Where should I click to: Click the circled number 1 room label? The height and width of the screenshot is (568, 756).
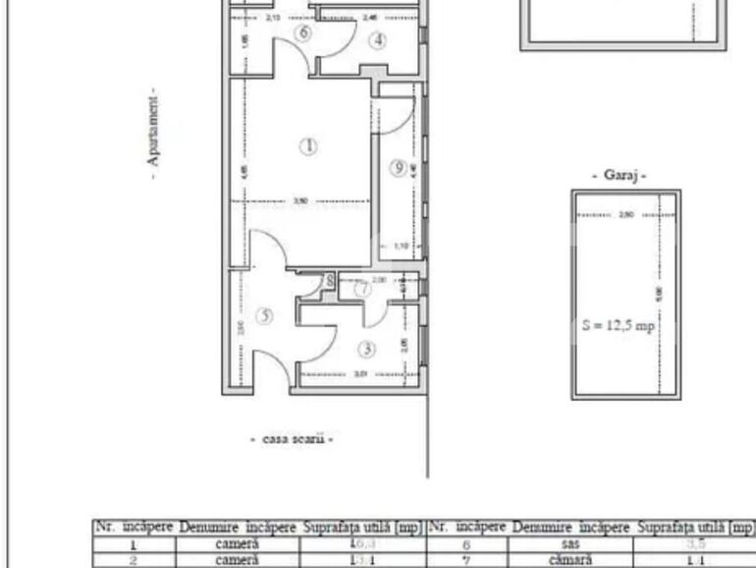[309, 146]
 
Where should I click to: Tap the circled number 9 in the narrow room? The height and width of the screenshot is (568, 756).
[398, 168]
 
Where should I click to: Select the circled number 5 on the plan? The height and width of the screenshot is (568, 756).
[264, 315]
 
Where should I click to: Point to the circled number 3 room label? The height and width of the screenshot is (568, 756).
[365, 349]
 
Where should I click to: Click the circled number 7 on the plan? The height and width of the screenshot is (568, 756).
[362, 289]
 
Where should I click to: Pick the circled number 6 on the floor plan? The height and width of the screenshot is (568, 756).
[302, 32]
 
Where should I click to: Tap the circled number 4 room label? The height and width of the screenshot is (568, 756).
[379, 40]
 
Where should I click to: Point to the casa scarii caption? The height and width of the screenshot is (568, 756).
[293, 439]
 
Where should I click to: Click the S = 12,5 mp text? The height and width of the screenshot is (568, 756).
[618, 325]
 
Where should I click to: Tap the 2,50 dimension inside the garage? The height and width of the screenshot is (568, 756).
[625, 213]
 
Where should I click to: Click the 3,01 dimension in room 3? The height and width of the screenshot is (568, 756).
[359, 372]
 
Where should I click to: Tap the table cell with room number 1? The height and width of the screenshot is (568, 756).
[134, 543]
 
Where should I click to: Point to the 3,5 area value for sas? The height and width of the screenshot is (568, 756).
[694, 543]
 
